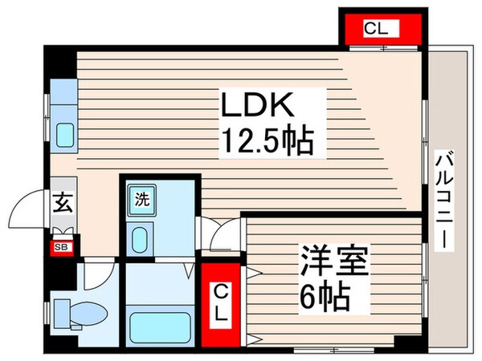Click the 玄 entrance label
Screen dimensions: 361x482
62,202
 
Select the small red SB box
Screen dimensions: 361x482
61,246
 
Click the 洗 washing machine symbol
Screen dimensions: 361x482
141,197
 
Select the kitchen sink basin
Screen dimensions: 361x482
63,136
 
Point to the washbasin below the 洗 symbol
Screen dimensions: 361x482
141,238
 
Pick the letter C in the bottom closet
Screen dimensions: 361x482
219,291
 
